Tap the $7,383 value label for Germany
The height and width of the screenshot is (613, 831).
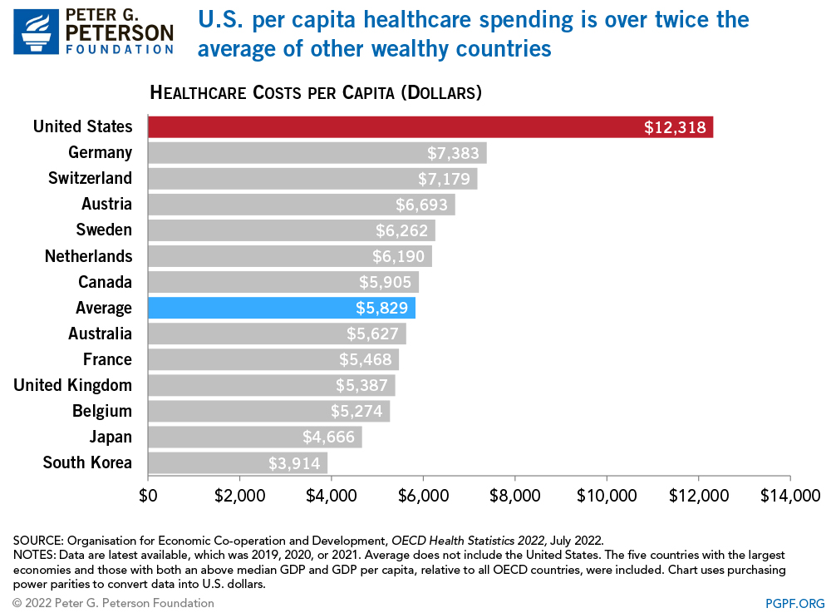coord(454,153)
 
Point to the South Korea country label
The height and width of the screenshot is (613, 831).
coord(87,462)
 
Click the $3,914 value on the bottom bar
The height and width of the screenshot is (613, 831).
coord(295,462)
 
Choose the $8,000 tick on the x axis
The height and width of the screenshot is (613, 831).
coord(515,496)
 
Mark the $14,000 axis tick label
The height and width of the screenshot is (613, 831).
coord(789,496)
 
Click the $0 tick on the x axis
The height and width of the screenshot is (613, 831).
coord(148,496)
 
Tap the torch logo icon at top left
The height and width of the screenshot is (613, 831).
coord(36,32)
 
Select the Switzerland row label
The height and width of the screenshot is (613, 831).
coord(90,179)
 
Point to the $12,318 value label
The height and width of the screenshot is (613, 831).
coord(675,127)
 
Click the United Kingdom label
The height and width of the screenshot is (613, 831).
coord(72,385)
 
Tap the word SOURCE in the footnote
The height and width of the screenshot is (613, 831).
coord(33,539)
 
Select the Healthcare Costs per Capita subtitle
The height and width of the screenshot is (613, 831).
coord(316,92)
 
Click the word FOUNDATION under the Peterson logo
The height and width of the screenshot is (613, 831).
coord(120,49)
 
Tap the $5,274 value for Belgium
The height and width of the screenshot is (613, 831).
coord(357,411)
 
